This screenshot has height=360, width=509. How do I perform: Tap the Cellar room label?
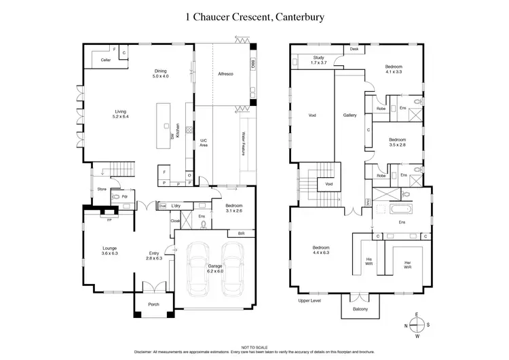[105, 60]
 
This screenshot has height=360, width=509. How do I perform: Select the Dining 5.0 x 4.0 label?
[160, 73]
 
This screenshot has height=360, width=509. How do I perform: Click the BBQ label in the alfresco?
[253, 65]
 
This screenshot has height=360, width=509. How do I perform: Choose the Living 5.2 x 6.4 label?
[121, 113]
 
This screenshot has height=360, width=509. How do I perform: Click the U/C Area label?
[202, 143]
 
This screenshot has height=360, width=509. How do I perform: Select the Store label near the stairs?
[102, 190]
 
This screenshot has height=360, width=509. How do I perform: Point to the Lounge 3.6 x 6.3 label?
[110, 251]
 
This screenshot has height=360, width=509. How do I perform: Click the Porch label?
[154, 304]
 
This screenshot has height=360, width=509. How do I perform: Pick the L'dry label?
[176, 206]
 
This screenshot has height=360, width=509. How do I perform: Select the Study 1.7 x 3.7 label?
[319, 60]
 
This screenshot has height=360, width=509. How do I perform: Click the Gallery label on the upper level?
[350, 115]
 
